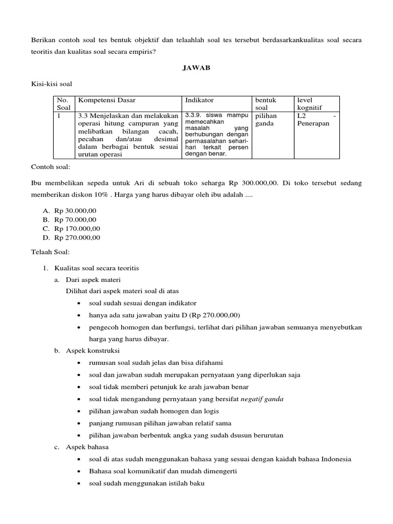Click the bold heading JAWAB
point(196,67)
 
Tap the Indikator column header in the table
point(200,100)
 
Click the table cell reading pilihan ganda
point(265,120)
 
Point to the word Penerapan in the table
point(313,123)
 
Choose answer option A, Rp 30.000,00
point(75,210)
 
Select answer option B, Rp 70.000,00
point(75,220)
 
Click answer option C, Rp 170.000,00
point(77,228)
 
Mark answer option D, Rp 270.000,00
point(77,237)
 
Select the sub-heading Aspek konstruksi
point(93,351)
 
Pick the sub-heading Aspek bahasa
point(88,447)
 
